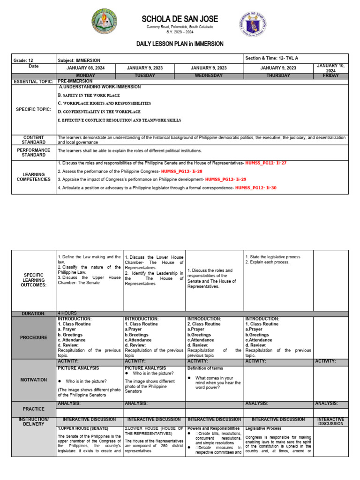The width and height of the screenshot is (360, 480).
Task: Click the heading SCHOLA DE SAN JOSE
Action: pyautogui.click(x=180, y=19)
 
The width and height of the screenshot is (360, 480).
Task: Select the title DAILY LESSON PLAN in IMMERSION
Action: pyautogui.click(x=180, y=44)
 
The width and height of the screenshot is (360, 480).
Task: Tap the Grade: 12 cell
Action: pyautogui.click(x=23, y=60)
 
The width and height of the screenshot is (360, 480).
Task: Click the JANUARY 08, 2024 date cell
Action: pyautogui.click(x=89, y=68)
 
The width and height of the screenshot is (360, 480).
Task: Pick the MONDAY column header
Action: pyautogui.click(x=89, y=75)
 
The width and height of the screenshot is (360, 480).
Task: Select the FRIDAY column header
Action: pyautogui.click(x=331, y=75)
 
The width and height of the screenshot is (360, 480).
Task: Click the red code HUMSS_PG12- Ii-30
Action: pyautogui.click(x=256, y=188)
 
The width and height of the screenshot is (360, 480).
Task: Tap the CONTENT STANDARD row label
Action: pyautogui.click(x=34, y=140)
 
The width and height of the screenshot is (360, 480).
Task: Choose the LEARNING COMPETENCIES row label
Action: pyautogui.click(x=34, y=176)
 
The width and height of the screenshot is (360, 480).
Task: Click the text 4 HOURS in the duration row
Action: pyautogui.click(x=67, y=313)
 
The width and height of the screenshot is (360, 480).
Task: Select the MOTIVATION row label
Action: pyautogui.click(x=34, y=380)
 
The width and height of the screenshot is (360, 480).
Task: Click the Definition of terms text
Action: pyautogui.click(x=205, y=368)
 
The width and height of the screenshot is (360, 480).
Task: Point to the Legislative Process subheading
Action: pyautogui.click(x=263, y=428)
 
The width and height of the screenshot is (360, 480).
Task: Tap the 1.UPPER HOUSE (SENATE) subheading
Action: pyautogui.click(x=83, y=428)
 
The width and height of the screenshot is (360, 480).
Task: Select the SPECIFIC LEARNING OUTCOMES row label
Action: pyautogui.click(x=34, y=280)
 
